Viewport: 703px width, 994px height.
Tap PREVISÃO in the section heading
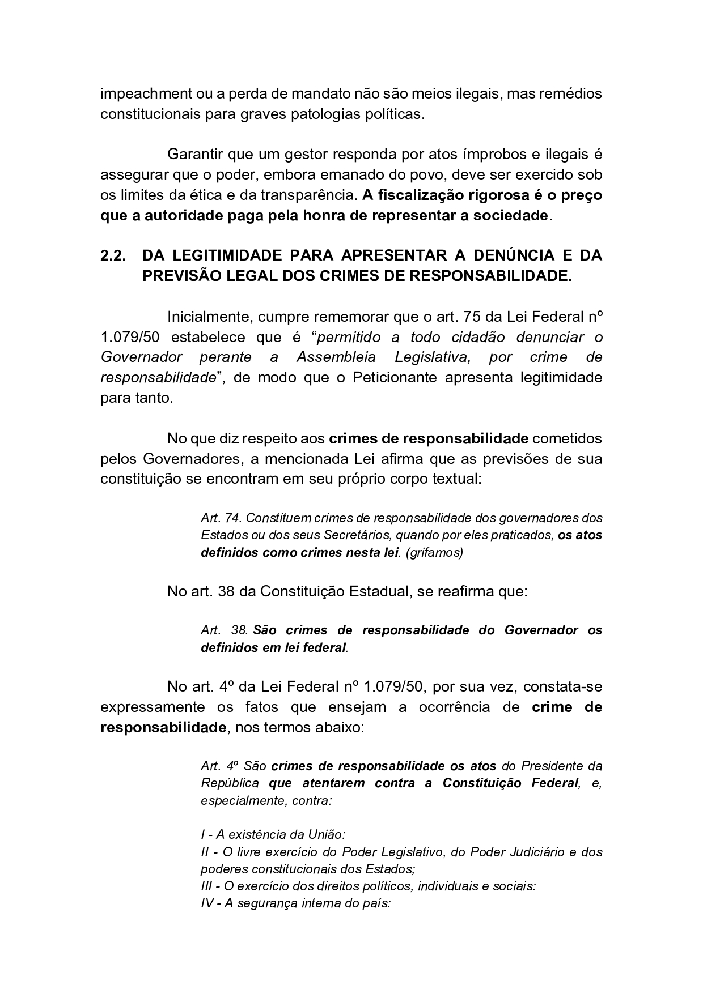point(180,276)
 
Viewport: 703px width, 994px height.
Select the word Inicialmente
point(209,316)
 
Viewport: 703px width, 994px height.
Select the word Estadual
point(382,591)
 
